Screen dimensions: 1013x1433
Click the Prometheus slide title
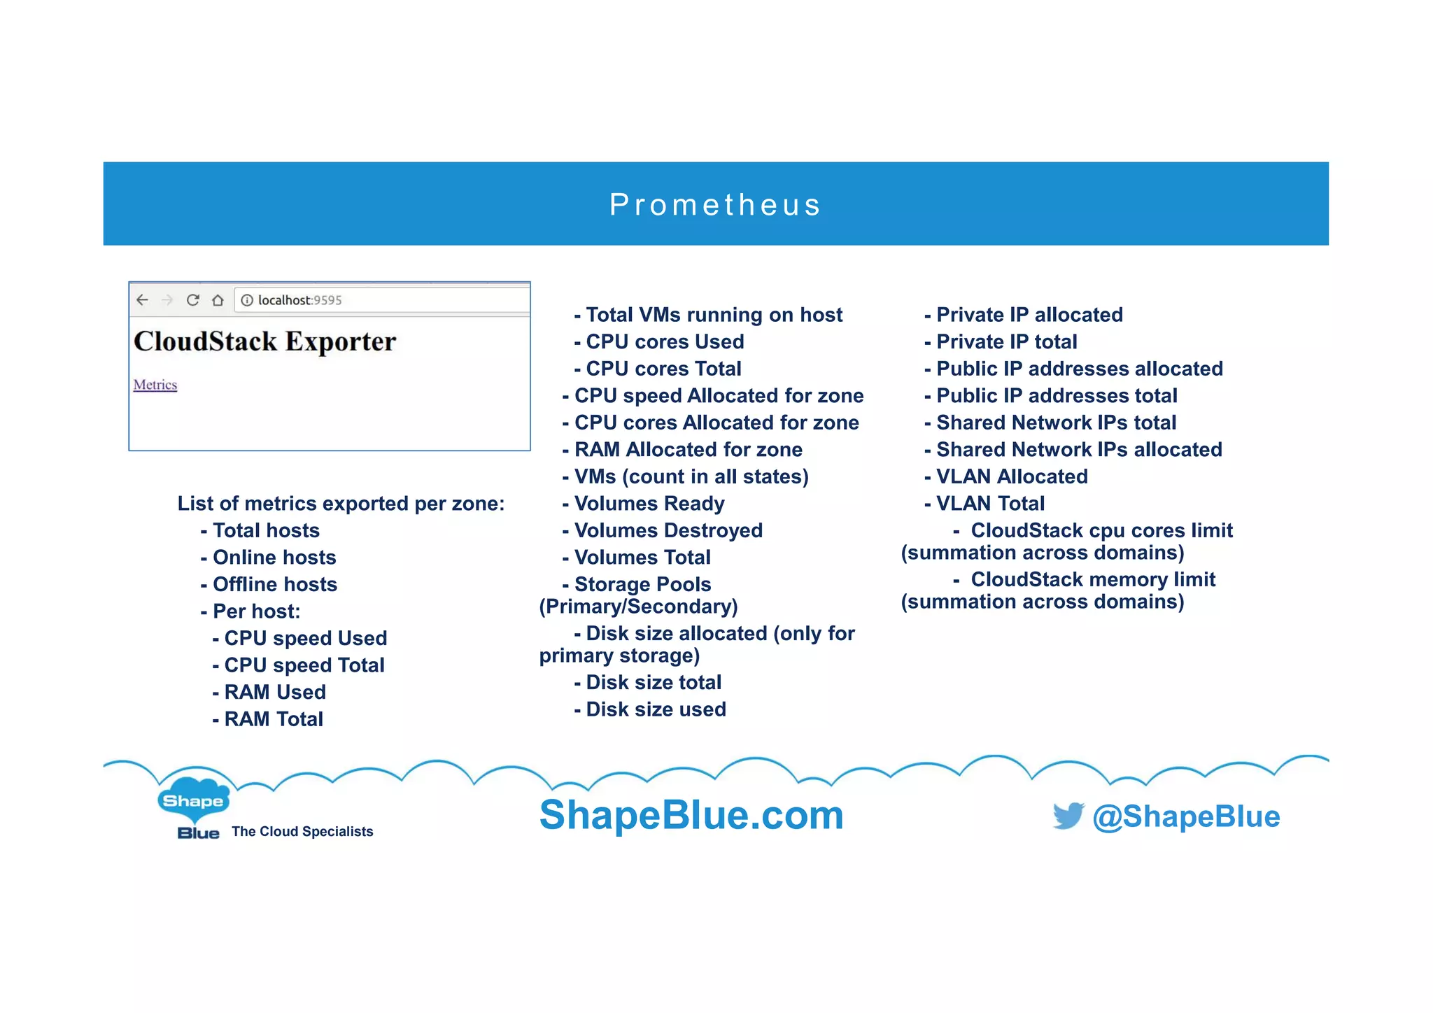[x=715, y=204]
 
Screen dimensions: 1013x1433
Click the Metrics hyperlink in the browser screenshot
[x=155, y=385]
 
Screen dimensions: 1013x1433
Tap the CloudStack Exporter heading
[x=264, y=341]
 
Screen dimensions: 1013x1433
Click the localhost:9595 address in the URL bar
[x=299, y=300]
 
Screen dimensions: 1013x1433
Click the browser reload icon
[x=193, y=300]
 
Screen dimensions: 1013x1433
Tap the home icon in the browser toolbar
[x=218, y=300]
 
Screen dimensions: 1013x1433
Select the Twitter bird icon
[x=1068, y=816]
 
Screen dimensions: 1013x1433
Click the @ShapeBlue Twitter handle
[x=1186, y=816]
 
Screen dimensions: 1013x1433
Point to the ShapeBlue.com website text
[x=691, y=815]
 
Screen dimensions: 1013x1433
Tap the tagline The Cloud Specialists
[x=302, y=831]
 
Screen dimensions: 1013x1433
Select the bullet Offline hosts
[x=274, y=584]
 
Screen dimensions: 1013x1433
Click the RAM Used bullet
[x=274, y=692]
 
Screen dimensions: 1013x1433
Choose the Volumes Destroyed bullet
[x=668, y=530]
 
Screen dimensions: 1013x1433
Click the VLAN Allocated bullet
[x=1011, y=476]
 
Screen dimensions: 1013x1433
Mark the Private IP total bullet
[x=1006, y=341]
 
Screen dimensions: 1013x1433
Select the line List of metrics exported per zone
[x=341, y=504]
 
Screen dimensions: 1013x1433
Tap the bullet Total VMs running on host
[x=714, y=315]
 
